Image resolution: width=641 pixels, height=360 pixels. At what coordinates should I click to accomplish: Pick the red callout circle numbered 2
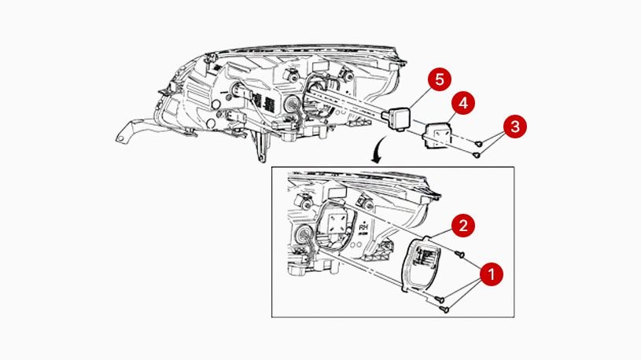coord(465,226)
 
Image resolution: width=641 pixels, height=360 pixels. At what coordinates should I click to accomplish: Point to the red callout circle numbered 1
coord(492,274)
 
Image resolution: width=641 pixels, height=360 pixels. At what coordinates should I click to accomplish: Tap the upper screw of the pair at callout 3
coord(480,141)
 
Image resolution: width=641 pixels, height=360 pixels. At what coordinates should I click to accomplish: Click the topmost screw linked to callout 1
coord(460,255)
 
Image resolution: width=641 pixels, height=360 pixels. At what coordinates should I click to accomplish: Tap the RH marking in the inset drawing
coord(363,228)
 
